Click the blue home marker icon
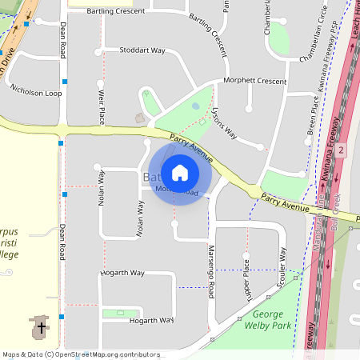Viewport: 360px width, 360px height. click(179, 172)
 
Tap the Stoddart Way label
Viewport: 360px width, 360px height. click(142, 50)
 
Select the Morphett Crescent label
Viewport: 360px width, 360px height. click(254, 81)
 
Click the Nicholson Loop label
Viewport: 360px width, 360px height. click(35, 93)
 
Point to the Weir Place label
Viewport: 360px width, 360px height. click(101, 106)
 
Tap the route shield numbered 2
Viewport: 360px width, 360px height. click(340, 150)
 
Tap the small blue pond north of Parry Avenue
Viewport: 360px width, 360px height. click(195, 106)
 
